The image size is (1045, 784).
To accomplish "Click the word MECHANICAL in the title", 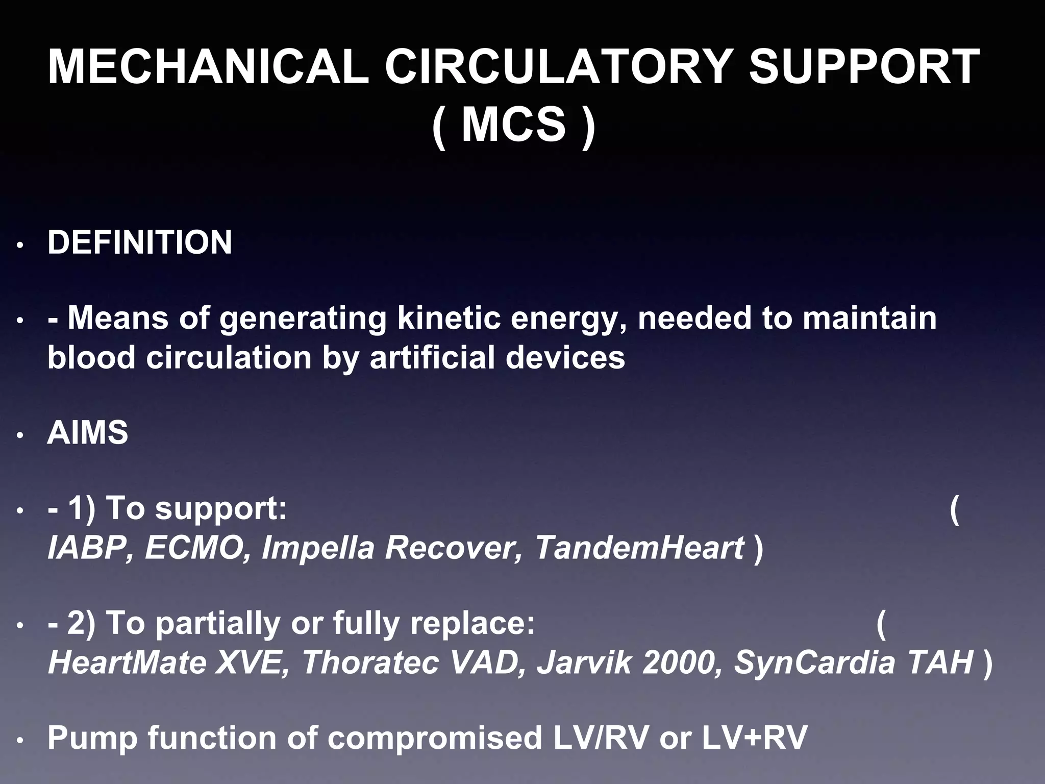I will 208,67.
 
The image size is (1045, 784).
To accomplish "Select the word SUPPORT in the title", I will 863,67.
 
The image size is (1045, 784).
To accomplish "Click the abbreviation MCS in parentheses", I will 513,125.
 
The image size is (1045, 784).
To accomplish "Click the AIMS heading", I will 88,433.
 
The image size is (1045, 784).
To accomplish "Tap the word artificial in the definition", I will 432,357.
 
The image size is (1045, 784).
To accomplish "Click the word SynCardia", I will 814,662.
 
